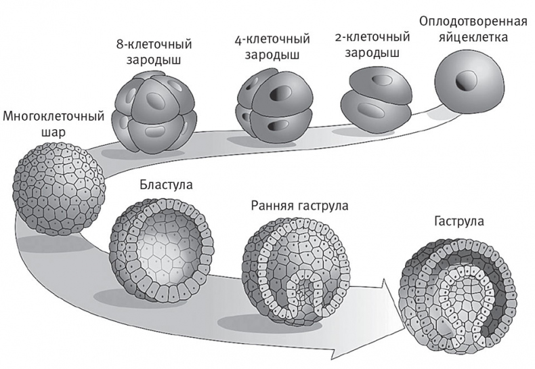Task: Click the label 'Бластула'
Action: pos(167,185)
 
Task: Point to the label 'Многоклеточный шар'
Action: pos(53,124)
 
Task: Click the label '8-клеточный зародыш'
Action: pos(154,52)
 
